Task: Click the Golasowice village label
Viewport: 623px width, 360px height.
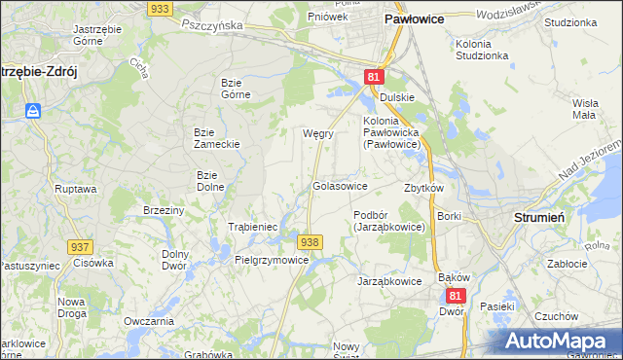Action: [x=339, y=185]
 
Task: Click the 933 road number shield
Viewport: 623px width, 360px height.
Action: [x=162, y=8]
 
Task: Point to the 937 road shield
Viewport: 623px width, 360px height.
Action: [x=81, y=248]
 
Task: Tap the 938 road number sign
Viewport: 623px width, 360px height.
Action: [x=310, y=241]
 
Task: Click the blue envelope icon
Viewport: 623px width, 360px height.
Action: [x=34, y=111]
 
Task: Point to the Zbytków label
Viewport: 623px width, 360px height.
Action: [x=423, y=188]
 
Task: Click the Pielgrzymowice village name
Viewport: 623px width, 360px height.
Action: [x=272, y=260]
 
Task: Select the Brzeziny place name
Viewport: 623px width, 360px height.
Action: [x=164, y=210]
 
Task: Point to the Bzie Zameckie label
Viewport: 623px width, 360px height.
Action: [x=216, y=137]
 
